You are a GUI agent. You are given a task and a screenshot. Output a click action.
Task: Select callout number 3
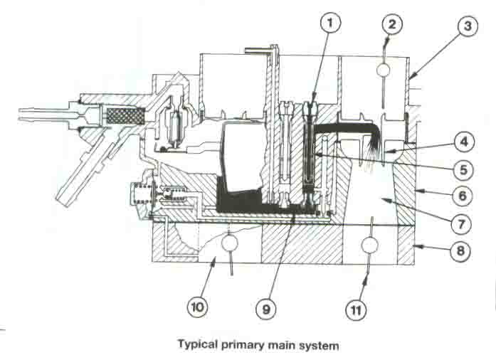[465, 28]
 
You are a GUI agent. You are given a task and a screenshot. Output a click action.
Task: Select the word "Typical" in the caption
[197, 346]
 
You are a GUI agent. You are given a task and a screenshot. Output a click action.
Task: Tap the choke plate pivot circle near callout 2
[384, 70]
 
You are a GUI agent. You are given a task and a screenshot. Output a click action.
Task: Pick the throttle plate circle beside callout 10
[230, 245]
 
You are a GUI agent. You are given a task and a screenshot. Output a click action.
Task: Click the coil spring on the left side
[140, 194]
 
